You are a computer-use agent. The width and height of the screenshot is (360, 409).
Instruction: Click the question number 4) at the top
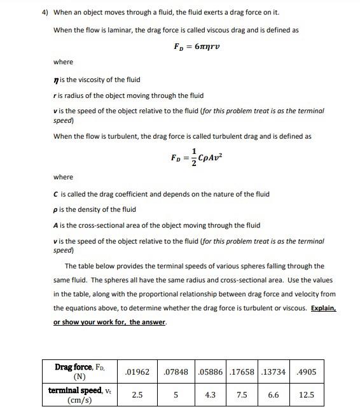coord(45,12)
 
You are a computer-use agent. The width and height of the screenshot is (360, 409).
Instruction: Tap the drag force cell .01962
coord(137,371)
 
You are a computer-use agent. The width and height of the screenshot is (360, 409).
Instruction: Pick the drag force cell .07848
coord(175,371)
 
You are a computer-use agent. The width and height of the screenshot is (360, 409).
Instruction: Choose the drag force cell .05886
coord(210,371)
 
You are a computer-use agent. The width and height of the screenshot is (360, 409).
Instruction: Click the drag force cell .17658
coord(242,371)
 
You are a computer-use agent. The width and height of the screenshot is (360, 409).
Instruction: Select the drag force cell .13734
coord(274,371)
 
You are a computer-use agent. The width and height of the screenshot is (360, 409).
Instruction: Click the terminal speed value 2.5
coord(137,394)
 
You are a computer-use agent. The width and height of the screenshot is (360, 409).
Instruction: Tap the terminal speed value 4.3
coord(210,394)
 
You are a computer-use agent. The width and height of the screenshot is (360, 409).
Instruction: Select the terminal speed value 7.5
coord(242,394)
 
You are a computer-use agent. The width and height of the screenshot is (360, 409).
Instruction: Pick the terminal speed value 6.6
coord(274,394)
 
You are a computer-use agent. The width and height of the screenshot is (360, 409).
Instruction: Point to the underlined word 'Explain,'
coord(323,308)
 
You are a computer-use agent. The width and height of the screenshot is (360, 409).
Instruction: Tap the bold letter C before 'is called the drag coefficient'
coord(56,194)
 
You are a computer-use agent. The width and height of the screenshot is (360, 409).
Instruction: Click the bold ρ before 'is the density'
coord(56,209)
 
